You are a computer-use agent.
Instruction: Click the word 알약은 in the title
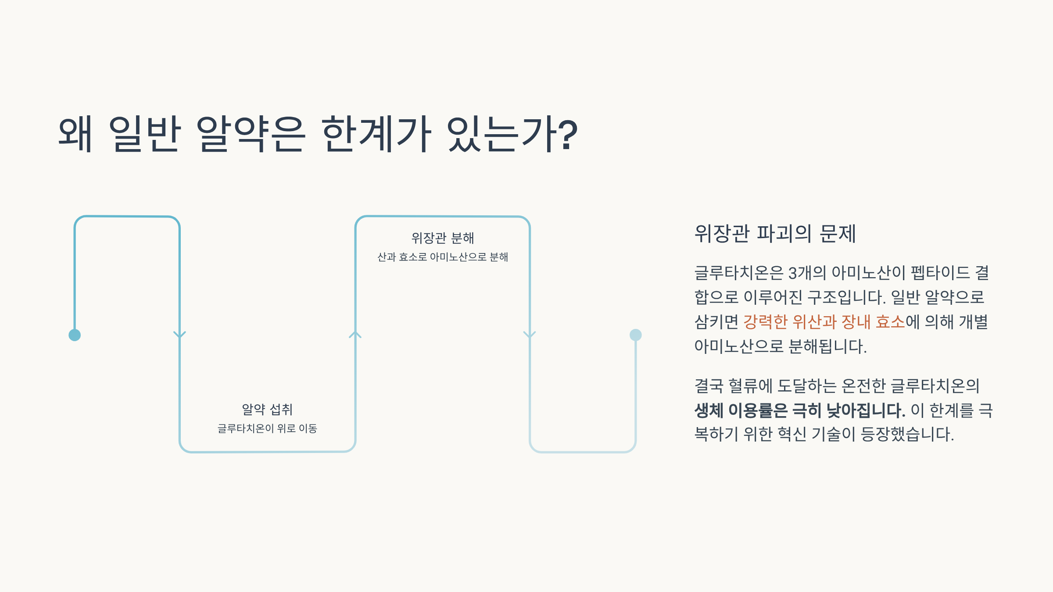point(250,134)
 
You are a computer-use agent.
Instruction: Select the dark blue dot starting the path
point(75,335)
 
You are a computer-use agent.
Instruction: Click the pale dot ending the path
point(635,335)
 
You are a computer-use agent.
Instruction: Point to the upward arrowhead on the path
point(355,335)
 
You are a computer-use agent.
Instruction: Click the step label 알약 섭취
point(267,410)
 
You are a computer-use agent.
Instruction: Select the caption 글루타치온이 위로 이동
point(267,428)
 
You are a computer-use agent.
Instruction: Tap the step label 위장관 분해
point(442,238)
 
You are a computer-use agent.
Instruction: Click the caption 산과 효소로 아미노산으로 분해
point(442,257)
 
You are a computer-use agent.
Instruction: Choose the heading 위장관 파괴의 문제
point(775,233)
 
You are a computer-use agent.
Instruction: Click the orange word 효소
point(890,322)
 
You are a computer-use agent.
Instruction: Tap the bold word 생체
point(709,410)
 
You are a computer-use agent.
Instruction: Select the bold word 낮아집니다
point(865,410)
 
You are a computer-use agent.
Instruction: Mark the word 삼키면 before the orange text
point(716,322)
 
